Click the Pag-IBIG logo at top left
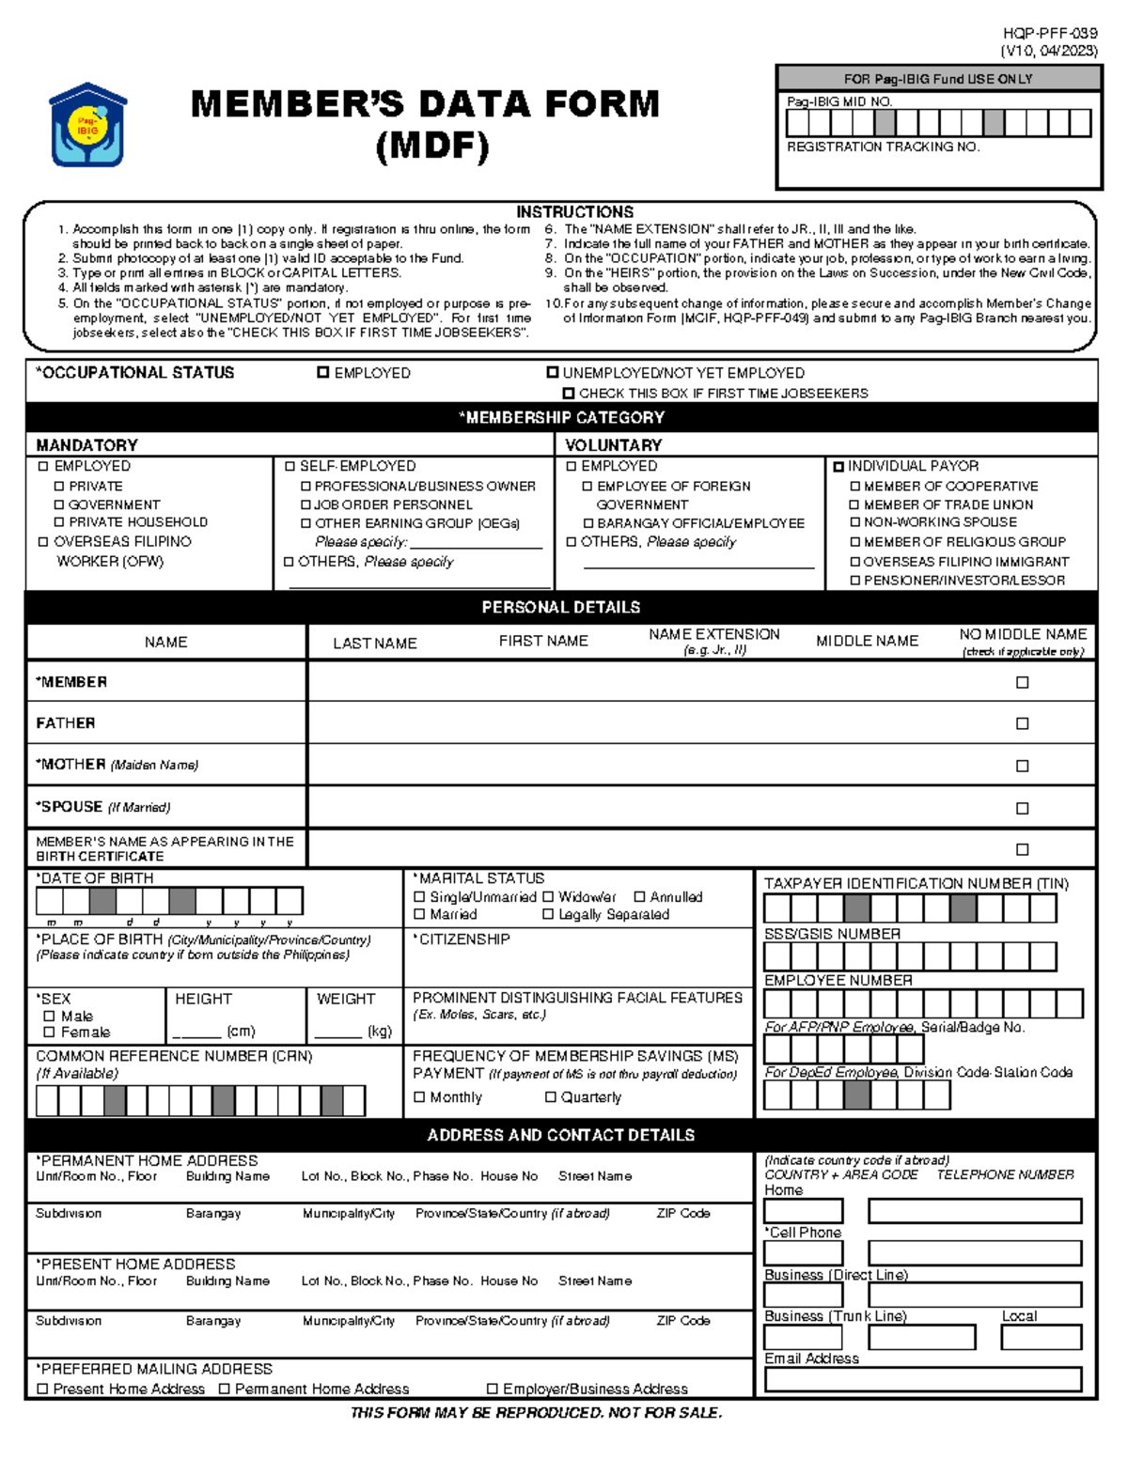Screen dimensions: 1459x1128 (x=87, y=125)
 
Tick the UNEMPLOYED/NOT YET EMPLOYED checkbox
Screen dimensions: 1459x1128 (x=553, y=373)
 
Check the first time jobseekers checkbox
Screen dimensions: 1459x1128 (x=569, y=394)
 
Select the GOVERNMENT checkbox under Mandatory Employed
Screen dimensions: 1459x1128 (x=59, y=504)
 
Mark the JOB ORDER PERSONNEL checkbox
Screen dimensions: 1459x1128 (x=305, y=504)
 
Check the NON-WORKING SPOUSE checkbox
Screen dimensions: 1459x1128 (x=855, y=522)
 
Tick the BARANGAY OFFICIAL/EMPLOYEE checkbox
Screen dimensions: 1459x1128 (x=588, y=523)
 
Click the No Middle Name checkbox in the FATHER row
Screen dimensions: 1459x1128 (x=1023, y=723)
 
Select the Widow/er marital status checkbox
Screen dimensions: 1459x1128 (x=548, y=897)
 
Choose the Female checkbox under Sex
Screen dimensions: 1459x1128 (x=49, y=1032)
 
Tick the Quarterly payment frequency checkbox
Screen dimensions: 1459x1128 (x=551, y=1097)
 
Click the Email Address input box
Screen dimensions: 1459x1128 (x=922, y=1379)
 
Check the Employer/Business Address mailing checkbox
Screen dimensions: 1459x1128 (x=492, y=1389)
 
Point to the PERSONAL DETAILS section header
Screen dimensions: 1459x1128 (x=561, y=608)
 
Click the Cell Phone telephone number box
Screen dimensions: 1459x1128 (x=974, y=1252)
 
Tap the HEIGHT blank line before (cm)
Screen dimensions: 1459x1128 (x=196, y=1032)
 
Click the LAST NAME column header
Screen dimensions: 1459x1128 (x=374, y=644)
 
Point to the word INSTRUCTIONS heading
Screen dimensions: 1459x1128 (x=574, y=212)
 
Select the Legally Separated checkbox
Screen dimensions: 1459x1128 (x=548, y=914)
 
